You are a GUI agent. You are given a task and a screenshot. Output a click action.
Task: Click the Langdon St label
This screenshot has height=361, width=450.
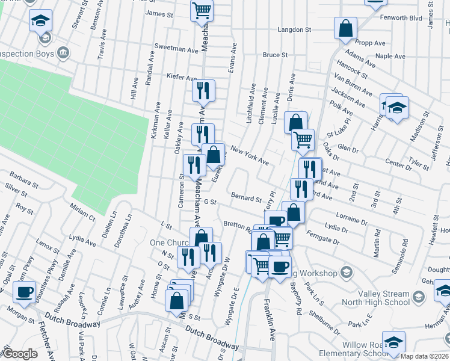tap(294, 29)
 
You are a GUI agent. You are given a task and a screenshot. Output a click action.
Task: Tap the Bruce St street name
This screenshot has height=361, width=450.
tap(274, 55)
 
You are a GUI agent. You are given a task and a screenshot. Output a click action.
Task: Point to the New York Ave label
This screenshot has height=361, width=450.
tap(249, 157)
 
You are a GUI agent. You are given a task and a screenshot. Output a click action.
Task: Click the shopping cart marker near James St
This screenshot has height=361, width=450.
tap(202, 10)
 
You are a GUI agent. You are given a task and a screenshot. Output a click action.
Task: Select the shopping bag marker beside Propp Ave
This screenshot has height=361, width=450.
tap(346, 28)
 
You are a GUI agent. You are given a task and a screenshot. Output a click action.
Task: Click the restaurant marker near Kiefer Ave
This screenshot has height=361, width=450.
tap(203, 90)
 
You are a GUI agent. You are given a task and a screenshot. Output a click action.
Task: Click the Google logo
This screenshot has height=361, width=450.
tap(20, 354)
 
